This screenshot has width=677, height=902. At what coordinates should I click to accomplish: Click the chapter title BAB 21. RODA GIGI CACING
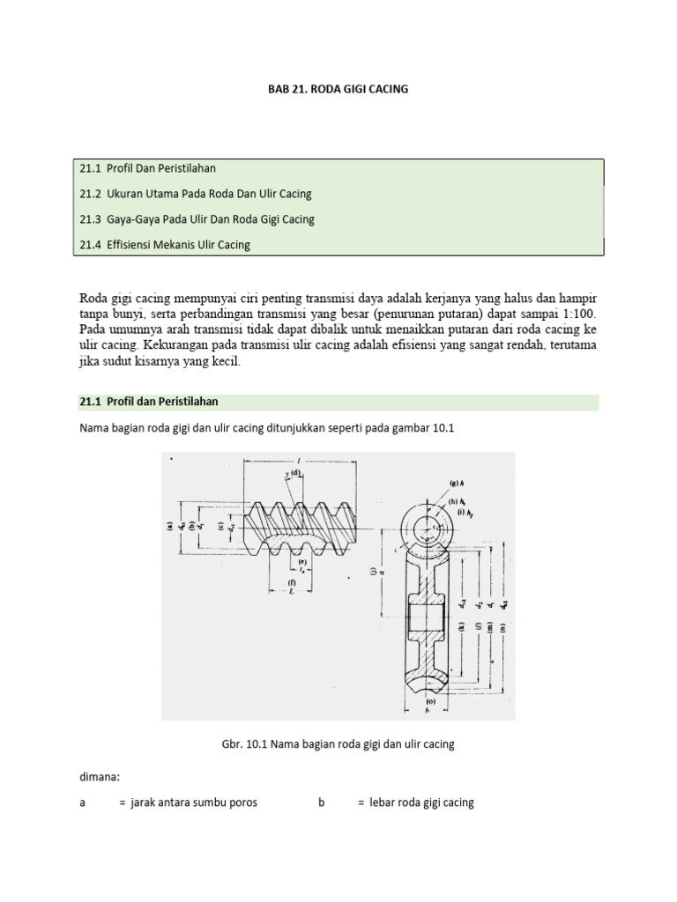point(338,89)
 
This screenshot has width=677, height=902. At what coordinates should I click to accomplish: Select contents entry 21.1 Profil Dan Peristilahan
point(148,167)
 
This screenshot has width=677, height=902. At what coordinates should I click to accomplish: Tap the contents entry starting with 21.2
point(196,193)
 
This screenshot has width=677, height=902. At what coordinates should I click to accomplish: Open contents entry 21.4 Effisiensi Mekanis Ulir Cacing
point(165,245)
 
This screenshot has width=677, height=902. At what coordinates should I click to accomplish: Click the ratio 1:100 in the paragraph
point(577,313)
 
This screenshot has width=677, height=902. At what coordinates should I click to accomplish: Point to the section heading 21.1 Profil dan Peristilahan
point(149,403)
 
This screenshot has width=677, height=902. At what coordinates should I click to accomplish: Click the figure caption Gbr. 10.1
point(338,744)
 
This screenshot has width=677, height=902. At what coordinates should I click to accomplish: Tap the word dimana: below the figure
point(99,778)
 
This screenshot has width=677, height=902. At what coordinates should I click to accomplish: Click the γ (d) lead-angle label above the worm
point(292,476)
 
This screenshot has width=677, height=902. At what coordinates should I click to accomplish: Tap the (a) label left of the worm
point(168,528)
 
